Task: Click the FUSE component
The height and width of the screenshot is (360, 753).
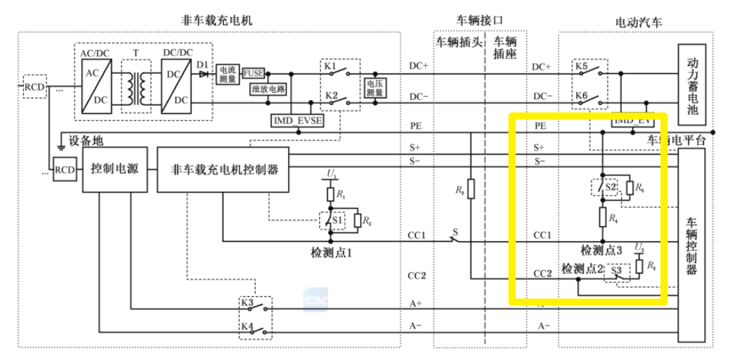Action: [x=253, y=73]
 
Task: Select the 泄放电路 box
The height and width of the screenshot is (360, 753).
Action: [x=268, y=90]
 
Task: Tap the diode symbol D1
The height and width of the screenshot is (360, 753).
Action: [x=203, y=73]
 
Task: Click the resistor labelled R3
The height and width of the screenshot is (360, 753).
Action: [x=471, y=190]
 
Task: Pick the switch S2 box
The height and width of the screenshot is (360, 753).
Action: [x=607, y=188]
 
